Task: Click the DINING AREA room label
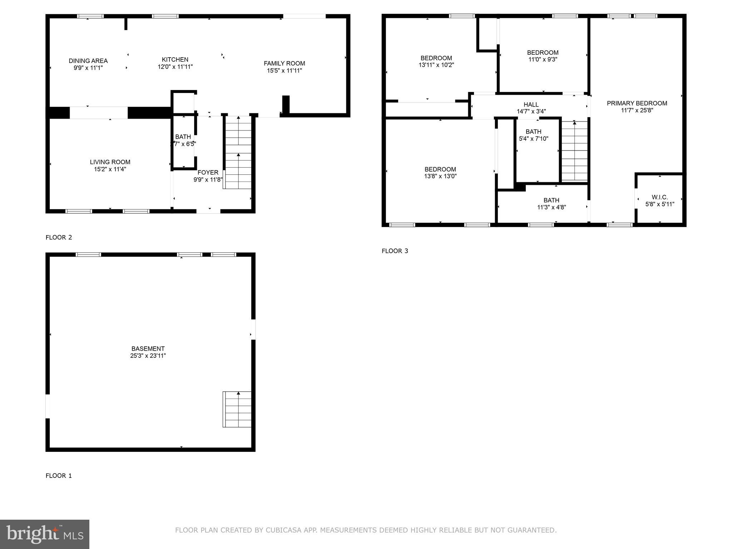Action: click(88, 61)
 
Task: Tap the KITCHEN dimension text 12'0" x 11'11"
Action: click(175, 67)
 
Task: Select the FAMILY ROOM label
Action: click(284, 64)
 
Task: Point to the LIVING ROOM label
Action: click(110, 162)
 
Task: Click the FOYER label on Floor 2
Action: click(208, 173)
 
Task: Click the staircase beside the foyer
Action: click(238, 154)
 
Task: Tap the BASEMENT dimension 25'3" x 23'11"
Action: click(148, 356)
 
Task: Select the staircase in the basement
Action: click(238, 410)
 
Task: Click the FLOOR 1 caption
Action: click(59, 476)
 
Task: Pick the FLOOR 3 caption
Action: click(395, 251)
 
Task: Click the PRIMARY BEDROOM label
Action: click(637, 103)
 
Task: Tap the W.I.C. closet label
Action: click(659, 197)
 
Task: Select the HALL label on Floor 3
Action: click(531, 105)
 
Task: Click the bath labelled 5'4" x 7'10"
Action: click(533, 135)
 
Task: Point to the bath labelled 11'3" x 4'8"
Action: click(551, 204)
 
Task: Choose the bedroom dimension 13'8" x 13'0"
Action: click(440, 176)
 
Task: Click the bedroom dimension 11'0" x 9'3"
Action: click(543, 60)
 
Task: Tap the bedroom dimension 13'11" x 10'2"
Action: click(436, 65)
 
